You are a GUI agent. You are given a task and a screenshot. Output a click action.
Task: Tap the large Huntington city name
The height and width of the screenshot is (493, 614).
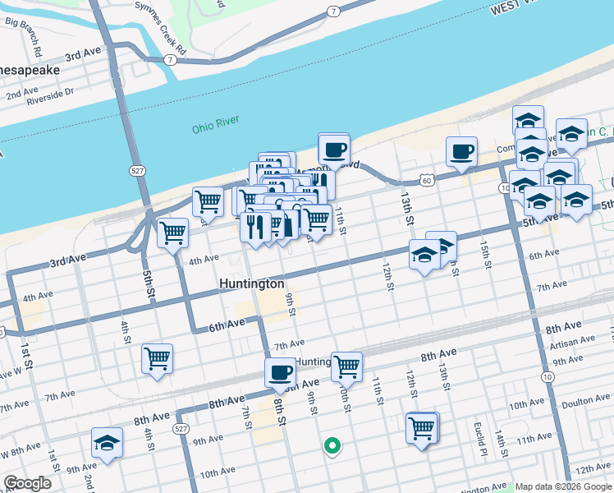(252, 284)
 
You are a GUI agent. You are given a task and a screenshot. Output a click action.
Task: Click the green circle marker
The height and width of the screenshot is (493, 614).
(332, 446)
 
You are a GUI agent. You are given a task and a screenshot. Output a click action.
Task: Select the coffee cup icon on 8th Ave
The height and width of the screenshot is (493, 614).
(280, 372)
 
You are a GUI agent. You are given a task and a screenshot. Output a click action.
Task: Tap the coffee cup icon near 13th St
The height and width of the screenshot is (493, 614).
(461, 151)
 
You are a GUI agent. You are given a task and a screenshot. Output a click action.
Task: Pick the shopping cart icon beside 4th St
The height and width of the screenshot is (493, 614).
(157, 358)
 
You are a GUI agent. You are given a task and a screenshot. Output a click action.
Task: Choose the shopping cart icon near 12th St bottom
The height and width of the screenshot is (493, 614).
(422, 427)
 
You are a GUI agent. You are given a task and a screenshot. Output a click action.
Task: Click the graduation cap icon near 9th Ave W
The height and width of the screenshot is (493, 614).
(107, 442)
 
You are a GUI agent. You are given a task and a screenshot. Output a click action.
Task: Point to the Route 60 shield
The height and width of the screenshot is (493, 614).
(424, 178)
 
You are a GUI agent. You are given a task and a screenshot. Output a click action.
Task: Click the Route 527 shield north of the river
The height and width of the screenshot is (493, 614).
(137, 170)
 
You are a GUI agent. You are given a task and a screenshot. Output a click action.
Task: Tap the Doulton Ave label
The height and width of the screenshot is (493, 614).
(584, 400)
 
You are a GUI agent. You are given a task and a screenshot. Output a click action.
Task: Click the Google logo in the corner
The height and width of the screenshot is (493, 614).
(28, 483)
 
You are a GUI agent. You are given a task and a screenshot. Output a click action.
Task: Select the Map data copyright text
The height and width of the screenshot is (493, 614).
(563, 487)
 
